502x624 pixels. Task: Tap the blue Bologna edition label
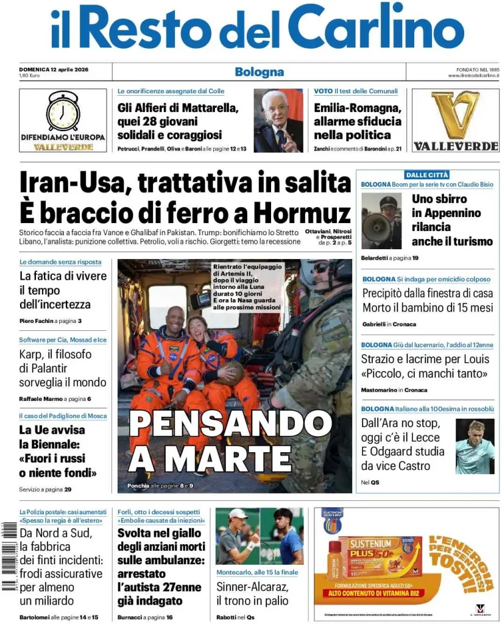(x=259, y=72)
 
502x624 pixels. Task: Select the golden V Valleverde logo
(x=455, y=115)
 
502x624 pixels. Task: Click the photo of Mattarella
(x=278, y=120)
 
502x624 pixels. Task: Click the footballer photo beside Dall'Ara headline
(x=475, y=446)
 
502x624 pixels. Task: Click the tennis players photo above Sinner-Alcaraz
(x=259, y=536)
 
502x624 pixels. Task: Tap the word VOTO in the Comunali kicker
(x=323, y=91)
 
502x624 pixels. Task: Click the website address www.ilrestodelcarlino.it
(x=473, y=76)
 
